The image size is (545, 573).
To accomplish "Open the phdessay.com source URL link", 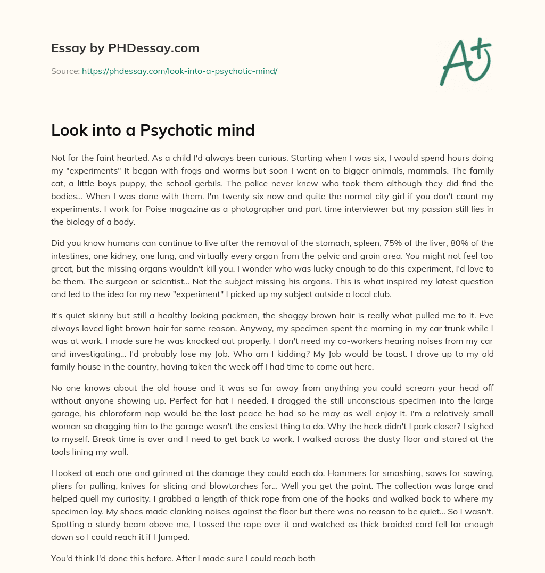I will pos(179,71).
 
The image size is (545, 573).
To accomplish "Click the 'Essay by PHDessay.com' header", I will pos(125,48).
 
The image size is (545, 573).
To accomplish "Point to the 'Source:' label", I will pos(65,71).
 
